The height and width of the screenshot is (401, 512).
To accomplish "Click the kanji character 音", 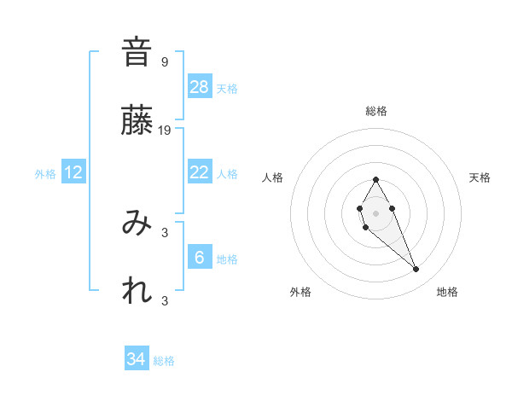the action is click(137, 53).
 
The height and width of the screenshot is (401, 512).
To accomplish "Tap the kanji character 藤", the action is click(137, 122).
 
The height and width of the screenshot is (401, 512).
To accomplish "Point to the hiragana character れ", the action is click(137, 291).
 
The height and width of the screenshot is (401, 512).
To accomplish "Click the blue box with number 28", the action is click(200, 87).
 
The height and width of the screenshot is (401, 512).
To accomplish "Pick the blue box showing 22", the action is click(200, 172).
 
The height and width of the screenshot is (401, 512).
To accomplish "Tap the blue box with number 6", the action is click(200, 258).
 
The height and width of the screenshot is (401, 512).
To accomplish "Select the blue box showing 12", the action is click(73, 172).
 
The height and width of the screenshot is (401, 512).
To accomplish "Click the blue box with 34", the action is click(137, 359).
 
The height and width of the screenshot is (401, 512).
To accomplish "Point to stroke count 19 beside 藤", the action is click(165, 131).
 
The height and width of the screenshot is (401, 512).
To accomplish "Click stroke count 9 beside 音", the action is click(165, 61).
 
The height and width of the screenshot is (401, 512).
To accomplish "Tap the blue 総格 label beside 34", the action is click(165, 361).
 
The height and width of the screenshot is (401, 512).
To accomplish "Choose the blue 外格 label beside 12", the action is click(45, 174).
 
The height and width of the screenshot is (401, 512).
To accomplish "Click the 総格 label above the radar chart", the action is click(376, 111).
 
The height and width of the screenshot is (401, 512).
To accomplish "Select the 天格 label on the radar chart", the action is click(480, 177).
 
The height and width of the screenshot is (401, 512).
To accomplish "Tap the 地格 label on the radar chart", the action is click(447, 293).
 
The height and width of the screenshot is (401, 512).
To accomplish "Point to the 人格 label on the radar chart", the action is click(273, 177).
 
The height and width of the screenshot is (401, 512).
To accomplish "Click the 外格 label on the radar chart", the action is click(300, 293).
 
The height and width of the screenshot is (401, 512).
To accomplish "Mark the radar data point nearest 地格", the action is click(416, 270).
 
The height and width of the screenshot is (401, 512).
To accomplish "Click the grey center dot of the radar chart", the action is click(376, 212).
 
